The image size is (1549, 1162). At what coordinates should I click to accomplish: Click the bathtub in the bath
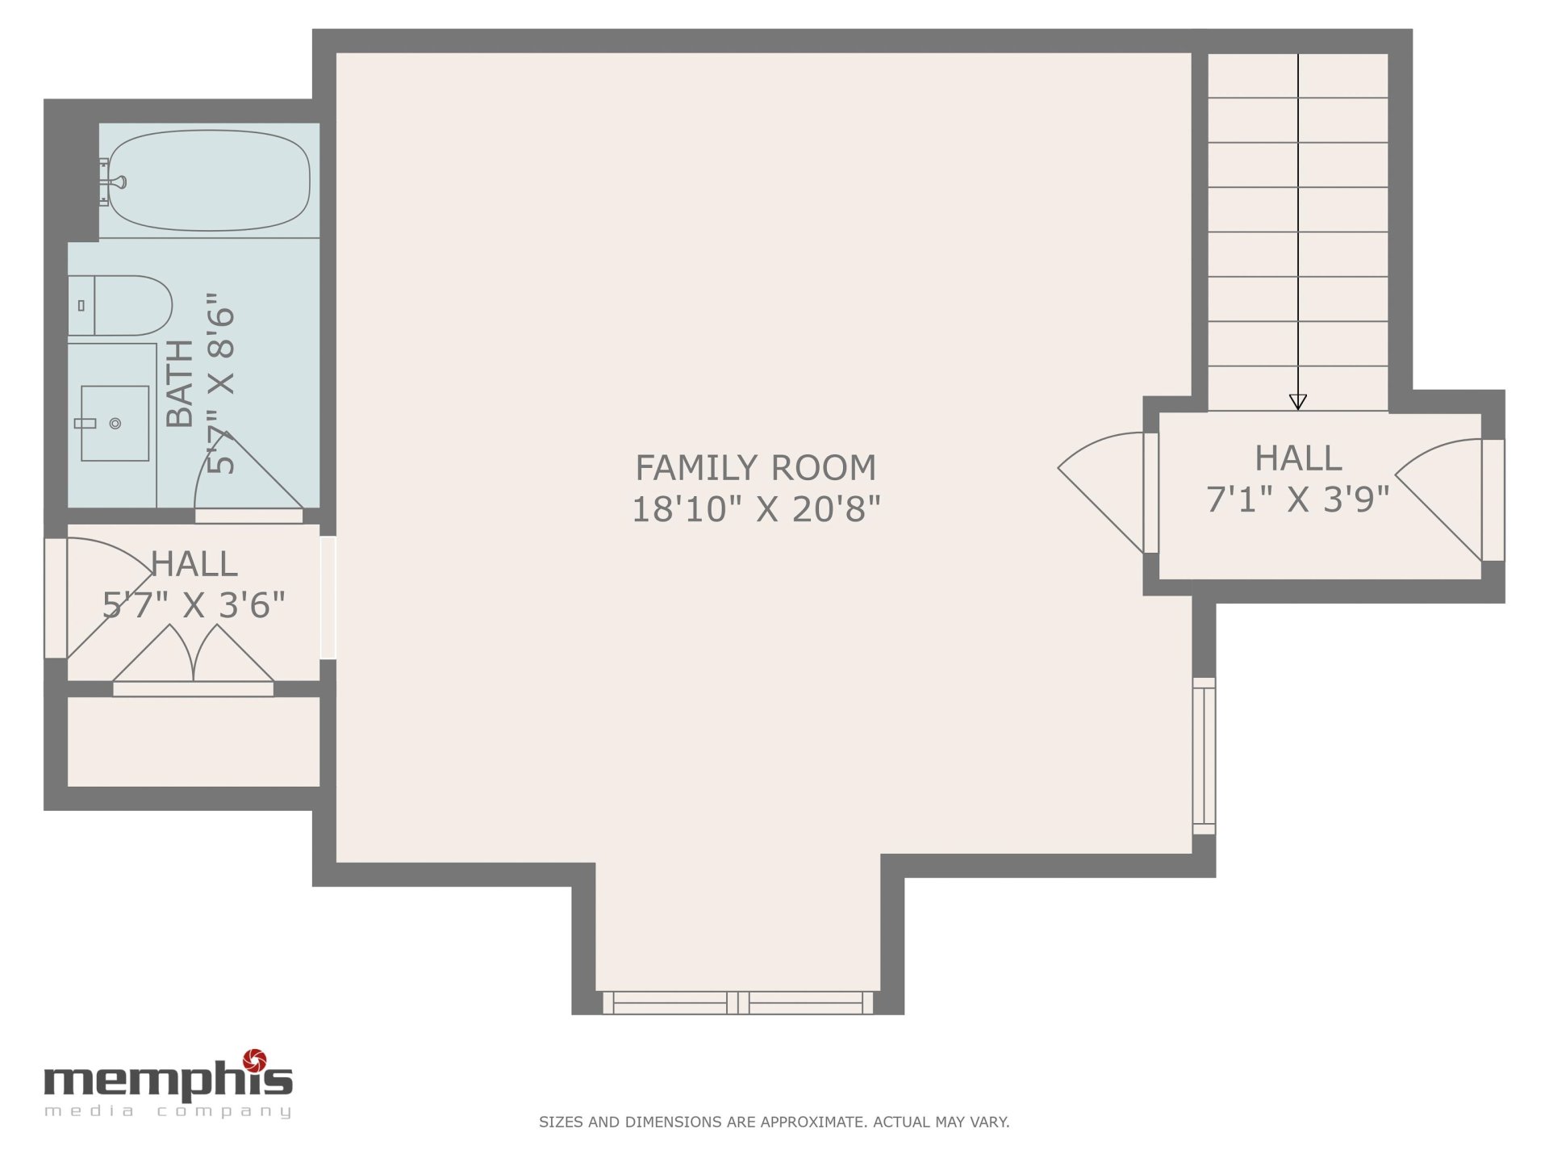(209, 181)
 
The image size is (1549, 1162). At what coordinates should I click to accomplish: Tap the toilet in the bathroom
(120, 306)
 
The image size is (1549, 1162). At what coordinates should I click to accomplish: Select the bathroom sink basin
(115, 423)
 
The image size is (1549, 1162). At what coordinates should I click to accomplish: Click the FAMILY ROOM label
(755, 468)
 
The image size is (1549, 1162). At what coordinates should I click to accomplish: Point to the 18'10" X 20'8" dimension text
(755, 509)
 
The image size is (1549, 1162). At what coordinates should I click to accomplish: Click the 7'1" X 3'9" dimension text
(1297, 499)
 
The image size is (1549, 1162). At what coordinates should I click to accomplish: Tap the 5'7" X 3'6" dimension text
(194, 605)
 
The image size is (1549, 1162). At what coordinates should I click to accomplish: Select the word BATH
(180, 382)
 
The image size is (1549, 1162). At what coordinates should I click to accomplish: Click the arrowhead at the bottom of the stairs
(1297, 402)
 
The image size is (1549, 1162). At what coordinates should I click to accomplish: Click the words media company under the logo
(168, 1112)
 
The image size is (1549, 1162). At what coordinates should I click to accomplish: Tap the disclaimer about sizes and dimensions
(774, 1122)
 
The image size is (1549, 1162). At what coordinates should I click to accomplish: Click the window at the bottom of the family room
(738, 1003)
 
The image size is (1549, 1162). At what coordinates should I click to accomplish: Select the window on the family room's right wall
(1204, 756)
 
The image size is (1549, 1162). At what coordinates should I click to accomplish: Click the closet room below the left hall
(194, 742)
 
